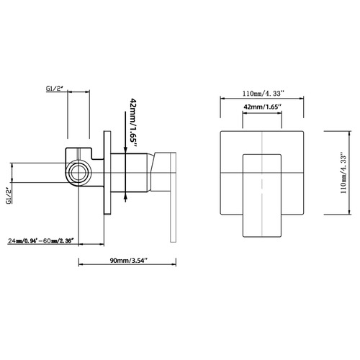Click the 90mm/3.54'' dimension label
pos(128,261)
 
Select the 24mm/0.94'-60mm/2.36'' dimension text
pos(40,240)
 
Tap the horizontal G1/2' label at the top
pos(54,89)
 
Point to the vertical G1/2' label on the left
pos(9,196)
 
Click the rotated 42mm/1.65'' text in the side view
pos(132,122)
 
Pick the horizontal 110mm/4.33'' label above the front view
pos(264,94)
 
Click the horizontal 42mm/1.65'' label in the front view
pos(262,107)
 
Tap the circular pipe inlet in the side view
pos(78,173)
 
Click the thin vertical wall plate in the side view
pos(107,173)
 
